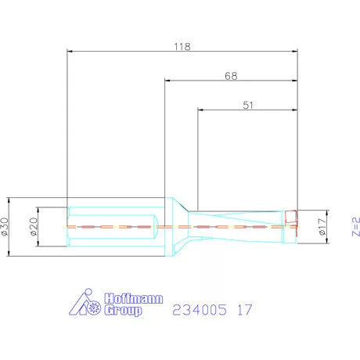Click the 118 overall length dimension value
click(182, 46)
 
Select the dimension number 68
click(231, 75)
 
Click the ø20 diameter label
click(34, 226)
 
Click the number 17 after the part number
click(245, 310)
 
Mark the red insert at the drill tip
click(290, 217)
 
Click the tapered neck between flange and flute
click(179, 226)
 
